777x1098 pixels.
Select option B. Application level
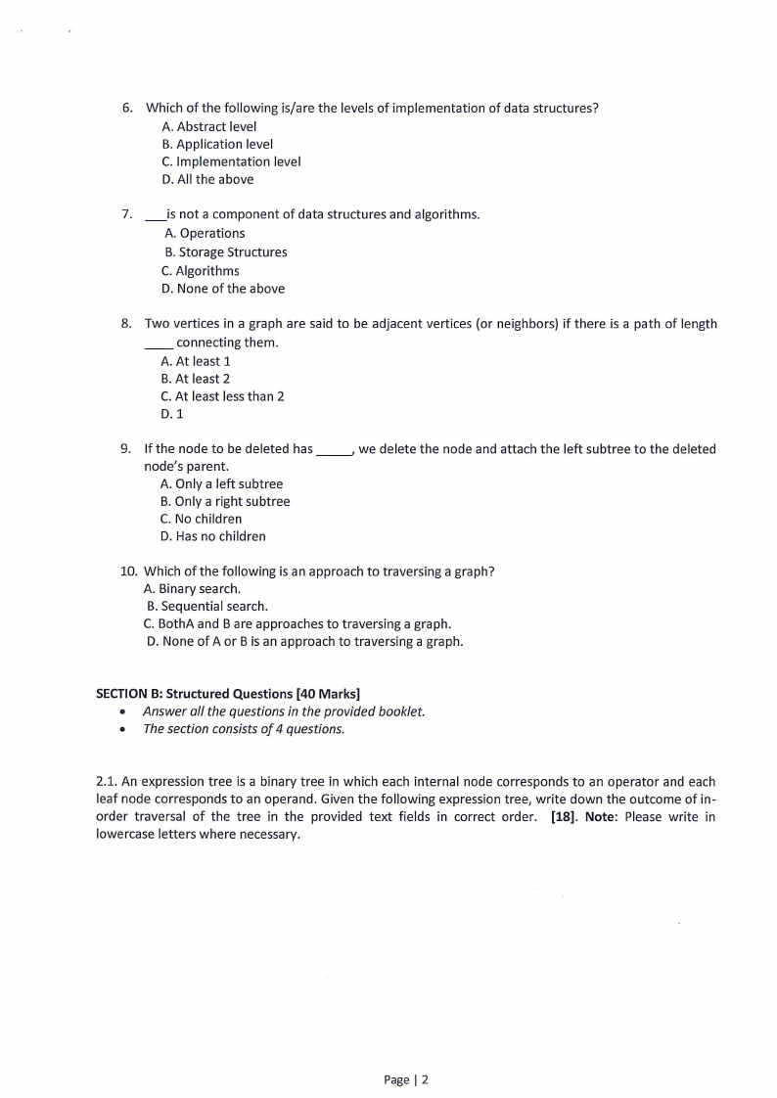tap(216, 144)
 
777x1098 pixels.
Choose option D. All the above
tap(206, 179)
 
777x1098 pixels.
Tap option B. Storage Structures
tap(226, 252)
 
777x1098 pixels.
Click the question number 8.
tap(126, 324)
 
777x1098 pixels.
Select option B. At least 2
tap(195, 379)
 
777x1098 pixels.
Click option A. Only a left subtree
tap(220, 483)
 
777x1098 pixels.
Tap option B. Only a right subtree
tap(224, 501)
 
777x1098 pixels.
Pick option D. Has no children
tap(212, 536)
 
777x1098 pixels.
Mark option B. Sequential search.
tap(206, 606)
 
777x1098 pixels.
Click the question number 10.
tap(128, 571)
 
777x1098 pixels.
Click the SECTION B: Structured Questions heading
tap(221, 694)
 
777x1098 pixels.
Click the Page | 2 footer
tap(406, 1079)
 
